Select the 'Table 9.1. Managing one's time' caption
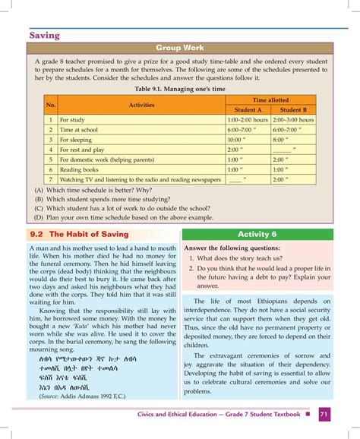pyautogui.click(x=179, y=88)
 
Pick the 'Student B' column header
pyautogui.click(x=293, y=109)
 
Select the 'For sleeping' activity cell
pyautogui.click(x=76, y=140)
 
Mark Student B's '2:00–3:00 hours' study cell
pyautogui.click(x=293, y=120)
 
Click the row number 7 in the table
pyautogui.click(x=51, y=179)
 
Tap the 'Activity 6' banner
pyautogui.click(x=257, y=234)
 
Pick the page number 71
pyautogui.click(x=324, y=415)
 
